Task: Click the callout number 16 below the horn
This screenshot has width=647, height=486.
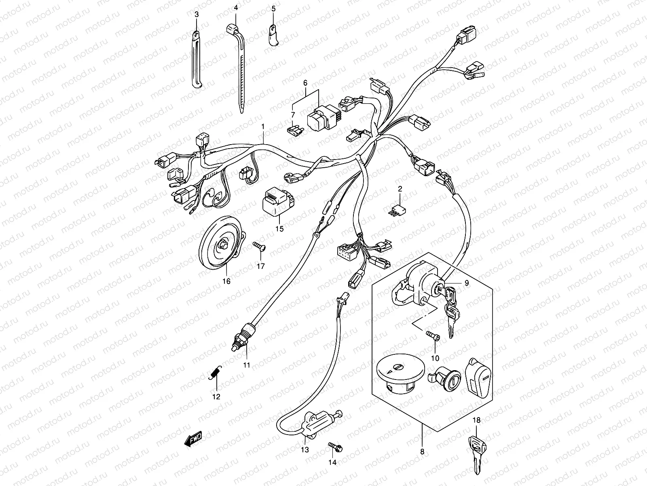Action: click(x=226, y=281)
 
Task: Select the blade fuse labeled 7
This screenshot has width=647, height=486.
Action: click(x=294, y=130)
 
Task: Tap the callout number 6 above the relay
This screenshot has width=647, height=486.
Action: click(x=305, y=83)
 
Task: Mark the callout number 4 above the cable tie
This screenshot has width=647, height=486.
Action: click(x=236, y=8)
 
